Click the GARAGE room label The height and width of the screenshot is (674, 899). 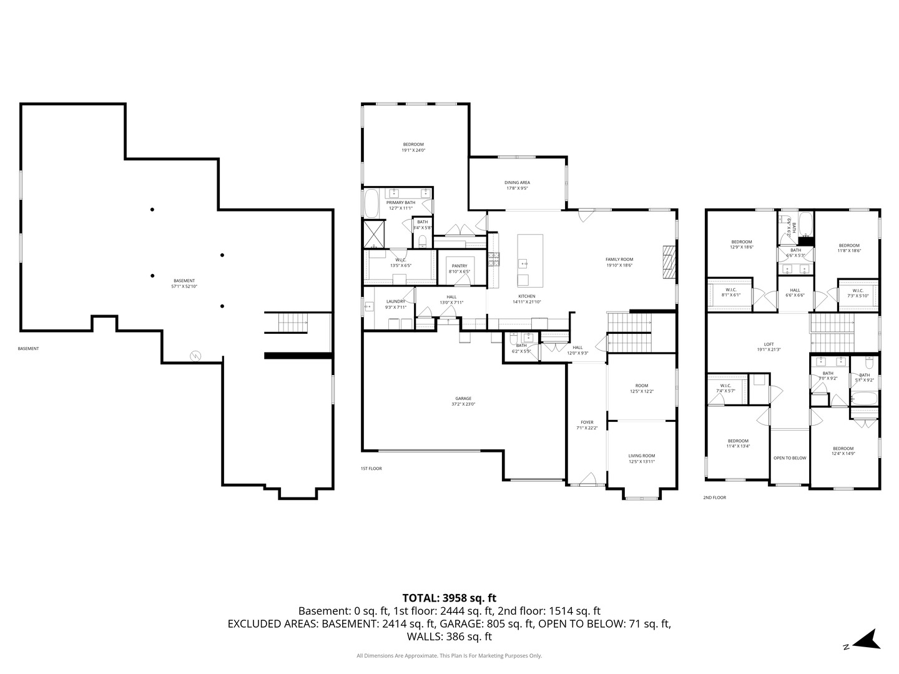[463, 401]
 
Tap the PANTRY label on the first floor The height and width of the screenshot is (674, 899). [459, 268]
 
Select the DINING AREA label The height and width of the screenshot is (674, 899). [517, 185]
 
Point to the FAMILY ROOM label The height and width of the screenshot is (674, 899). [619, 262]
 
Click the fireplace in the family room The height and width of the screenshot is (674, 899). [669, 261]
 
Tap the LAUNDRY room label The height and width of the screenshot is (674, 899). [396, 304]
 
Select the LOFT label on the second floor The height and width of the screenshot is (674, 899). [769, 346]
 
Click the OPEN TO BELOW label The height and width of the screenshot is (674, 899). [790, 458]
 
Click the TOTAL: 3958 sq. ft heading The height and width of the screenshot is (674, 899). [449, 598]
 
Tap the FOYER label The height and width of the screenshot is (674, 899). [587, 425]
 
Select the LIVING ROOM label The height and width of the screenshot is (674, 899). [641, 458]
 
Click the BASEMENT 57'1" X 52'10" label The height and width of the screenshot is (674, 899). [184, 283]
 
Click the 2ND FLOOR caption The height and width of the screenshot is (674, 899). [714, 497]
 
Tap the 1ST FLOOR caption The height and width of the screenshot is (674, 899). [371, 468]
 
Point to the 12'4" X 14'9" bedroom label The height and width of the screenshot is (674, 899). [843, 451]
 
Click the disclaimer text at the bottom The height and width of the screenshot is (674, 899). [449, 656]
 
